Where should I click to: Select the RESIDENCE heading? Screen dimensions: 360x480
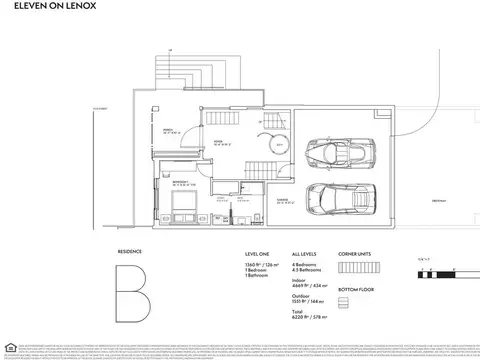click(x=131, y=254)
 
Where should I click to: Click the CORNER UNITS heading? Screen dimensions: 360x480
click(x=355, y=254)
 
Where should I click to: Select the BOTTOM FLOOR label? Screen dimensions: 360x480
click(x=355, y=287)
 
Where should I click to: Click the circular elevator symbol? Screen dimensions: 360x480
click(x=281, y=146)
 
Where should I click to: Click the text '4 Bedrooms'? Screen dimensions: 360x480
click(x=305, y=265)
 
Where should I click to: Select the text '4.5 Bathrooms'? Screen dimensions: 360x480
click(x=307, y=272)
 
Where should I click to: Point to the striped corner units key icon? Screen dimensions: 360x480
click(x=355, y=271)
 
